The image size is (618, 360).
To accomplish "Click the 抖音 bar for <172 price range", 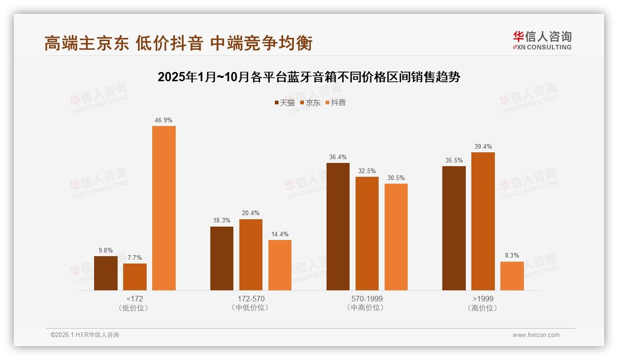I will pos(164,208).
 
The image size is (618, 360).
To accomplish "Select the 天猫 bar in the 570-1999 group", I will pos(338,227).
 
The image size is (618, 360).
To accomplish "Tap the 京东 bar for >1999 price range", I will pos(483,221).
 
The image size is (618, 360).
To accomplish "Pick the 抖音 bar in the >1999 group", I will pos(512,276).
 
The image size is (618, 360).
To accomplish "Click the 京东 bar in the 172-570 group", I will pos(250,255).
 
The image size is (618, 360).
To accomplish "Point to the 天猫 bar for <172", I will pos(106,273).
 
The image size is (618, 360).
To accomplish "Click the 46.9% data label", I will pos(164,120).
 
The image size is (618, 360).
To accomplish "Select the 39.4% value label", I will pos(483,147).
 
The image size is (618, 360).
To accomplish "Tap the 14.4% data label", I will pos(279,234).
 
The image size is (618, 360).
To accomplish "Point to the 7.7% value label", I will pos(135,258).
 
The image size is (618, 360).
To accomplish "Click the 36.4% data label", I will pos(338,157).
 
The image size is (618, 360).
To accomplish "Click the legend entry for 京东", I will pos(310,102).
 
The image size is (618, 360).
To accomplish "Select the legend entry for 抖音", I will pos(335,102).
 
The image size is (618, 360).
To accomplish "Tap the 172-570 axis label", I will pos(251,299).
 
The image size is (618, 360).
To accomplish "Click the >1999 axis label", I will pos(483,299).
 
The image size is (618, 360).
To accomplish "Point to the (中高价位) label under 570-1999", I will pos(367,308).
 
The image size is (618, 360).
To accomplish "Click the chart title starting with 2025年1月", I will pos(309,77).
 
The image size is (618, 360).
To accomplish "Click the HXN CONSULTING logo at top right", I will pos(542,41).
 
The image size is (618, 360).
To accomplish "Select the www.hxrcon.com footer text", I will pos(536,335).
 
